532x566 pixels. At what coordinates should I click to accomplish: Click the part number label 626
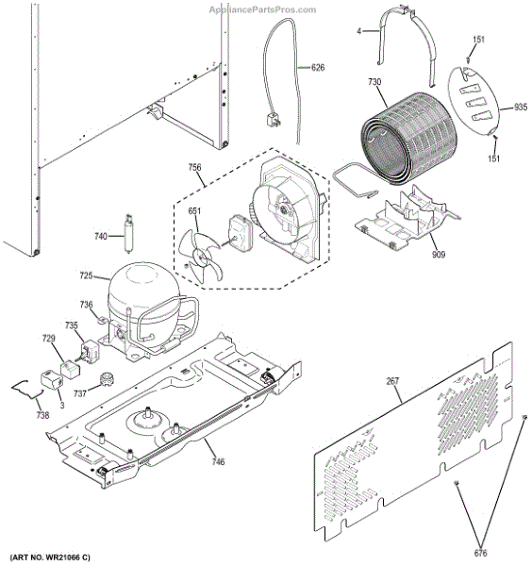click(317, 67)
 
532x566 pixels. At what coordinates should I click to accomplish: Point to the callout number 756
click(194, 169)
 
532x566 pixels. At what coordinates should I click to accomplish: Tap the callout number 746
click(218, 461)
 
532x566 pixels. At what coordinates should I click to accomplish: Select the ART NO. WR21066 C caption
click(58, 558)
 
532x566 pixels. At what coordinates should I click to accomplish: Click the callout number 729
click(48, 338)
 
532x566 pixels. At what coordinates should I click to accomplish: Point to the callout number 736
click(86, 305)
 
